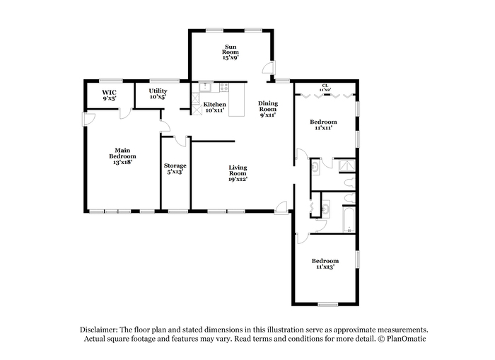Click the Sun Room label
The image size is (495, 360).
231,52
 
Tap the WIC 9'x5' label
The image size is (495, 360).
109,95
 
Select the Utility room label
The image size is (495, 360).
158,94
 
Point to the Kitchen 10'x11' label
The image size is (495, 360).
215,107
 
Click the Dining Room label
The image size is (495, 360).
268,109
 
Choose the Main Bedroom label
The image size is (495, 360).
122,156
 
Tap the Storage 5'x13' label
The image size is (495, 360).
175,168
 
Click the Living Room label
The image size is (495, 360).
238,173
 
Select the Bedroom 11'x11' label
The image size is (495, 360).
323,124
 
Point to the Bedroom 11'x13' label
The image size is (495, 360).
325,264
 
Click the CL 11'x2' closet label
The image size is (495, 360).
325,88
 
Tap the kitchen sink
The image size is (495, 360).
206,86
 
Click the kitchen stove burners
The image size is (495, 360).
224,87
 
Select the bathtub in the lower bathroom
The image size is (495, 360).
349,219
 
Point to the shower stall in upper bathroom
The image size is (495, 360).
346,166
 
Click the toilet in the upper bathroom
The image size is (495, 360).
349,183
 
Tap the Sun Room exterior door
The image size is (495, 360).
269,68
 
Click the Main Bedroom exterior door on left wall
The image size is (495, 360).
88,119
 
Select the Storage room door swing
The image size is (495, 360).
180,141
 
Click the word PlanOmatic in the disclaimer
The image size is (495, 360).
406,339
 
